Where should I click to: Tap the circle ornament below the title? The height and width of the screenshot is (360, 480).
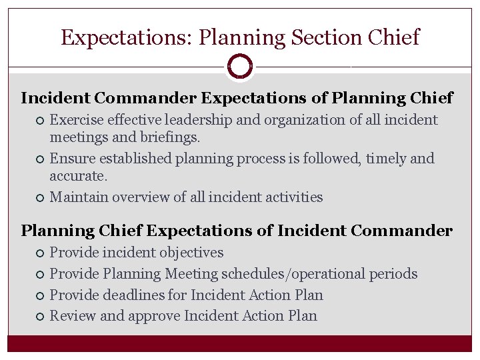point(239,66)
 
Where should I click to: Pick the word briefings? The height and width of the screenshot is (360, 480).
point(168,137)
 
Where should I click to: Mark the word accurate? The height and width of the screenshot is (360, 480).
point(77,176)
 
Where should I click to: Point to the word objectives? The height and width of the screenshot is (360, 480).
point(190,253)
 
